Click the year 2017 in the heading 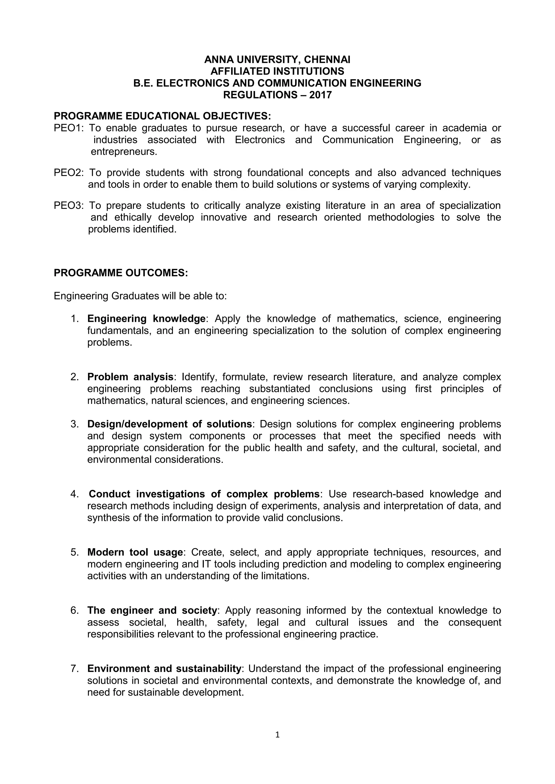[x=320, y=95]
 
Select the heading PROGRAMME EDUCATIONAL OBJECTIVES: [x=162, y=116]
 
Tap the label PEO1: [x=69, y=128]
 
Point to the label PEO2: [x=69, y=173]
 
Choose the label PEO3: [x=69, y=205]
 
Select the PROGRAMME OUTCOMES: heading [x=121, y=273]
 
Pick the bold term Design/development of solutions [x=169, y=424]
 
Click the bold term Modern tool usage [x=135, y=552]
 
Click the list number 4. [x=74, y=494]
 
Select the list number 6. [x=74, y=610]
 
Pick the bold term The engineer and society [x=152, y=610]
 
